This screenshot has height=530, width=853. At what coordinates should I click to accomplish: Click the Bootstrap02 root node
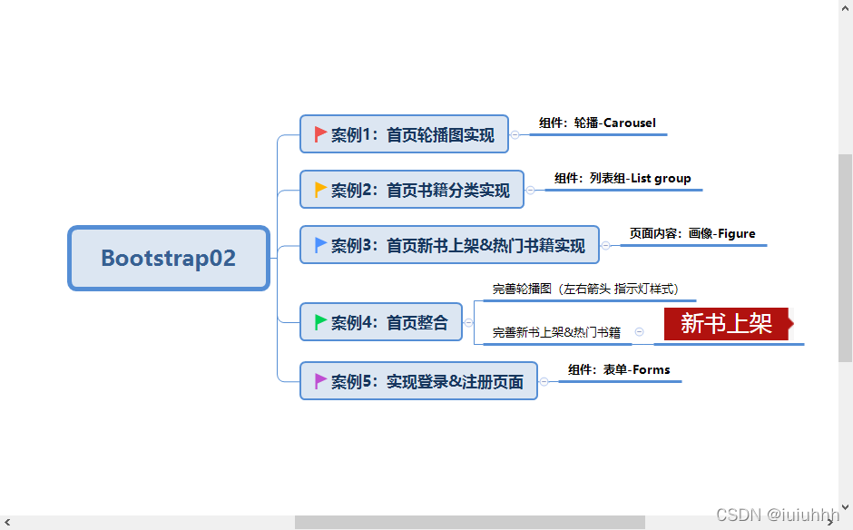click(169, 259)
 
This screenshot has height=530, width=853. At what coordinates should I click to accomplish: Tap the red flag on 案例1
click(319, 134)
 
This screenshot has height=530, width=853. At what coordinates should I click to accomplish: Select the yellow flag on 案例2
click(319, 190)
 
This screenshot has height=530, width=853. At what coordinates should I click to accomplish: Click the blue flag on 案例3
click(319, 245)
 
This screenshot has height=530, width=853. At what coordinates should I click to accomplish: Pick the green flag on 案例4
click(319, 322)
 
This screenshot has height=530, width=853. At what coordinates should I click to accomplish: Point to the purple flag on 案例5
click(319, 381)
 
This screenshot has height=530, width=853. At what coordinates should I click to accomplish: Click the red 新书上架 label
click(726, 323)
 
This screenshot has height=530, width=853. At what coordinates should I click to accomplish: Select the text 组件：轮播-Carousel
click(597, 123)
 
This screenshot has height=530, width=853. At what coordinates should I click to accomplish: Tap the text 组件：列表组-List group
click(623, 179)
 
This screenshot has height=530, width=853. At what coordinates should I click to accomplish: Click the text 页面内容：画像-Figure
click(692, 234)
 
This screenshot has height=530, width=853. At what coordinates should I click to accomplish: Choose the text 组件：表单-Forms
click(619, 370)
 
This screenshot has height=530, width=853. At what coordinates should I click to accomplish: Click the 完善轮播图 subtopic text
click(584, 290)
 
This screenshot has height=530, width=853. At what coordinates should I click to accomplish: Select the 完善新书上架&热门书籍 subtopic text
click(556, 333)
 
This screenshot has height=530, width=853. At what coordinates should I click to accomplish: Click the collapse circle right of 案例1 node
click(515, 134)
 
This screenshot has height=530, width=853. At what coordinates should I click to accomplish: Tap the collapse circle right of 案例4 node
click(468, 322)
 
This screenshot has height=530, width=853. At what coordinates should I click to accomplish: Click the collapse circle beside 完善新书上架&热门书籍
click(639, 332)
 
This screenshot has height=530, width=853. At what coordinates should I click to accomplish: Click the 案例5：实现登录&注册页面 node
click(418, 381)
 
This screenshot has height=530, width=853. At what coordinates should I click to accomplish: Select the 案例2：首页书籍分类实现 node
click(412, 190)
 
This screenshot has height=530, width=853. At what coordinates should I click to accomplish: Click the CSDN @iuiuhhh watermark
click(777, 515)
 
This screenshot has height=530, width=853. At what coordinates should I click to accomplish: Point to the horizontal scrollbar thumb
click(469, 522)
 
